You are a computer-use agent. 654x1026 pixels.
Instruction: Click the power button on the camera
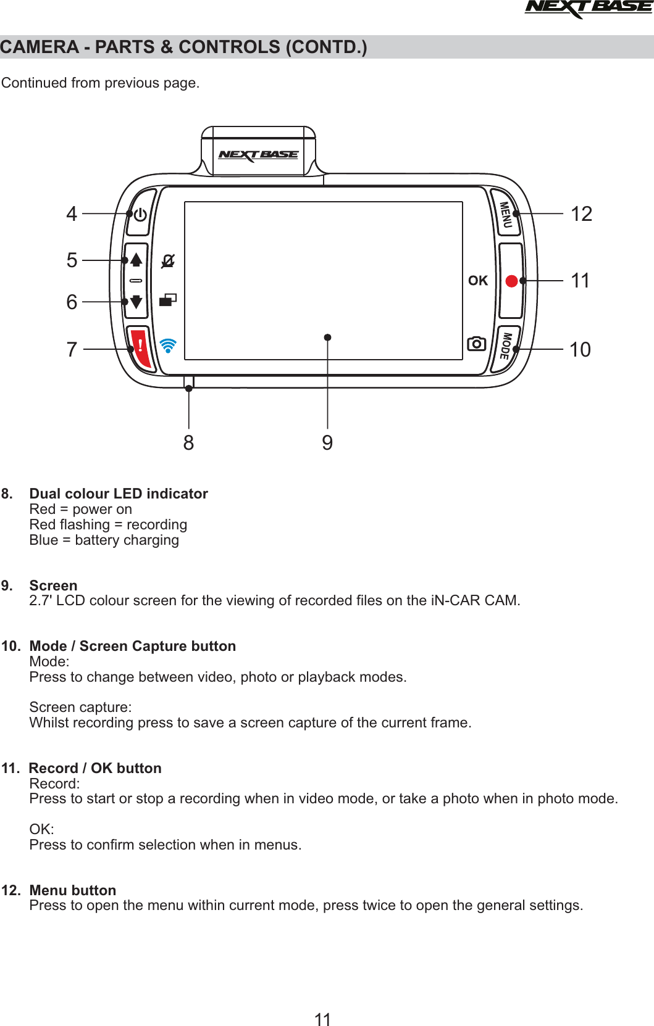click(x=140, y=214)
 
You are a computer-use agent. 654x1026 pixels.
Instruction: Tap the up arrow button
click(x=136, y=260)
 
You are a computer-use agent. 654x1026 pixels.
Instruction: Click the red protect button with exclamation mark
click(x=141, y=347)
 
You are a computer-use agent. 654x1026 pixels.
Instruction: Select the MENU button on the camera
click(x=506, y=214)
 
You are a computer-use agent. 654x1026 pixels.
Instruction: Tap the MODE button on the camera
click(x=506, y=347)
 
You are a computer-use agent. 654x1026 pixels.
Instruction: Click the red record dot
click(x=511, y=281)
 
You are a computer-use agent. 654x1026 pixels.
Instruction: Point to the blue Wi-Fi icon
click(x=168, y=345)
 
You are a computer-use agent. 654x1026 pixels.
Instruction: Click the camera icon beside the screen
click(x=477, y=344)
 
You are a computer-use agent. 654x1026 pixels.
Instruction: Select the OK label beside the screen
click(x=478, y=281)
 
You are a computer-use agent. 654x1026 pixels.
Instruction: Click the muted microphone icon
click(x=168, y=261)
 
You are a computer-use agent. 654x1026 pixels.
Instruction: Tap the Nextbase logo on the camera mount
click(x=259, y=155)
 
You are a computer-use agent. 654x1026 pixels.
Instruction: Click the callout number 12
click(x=581, y=214)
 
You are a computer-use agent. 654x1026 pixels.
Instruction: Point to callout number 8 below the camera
click(x=189, y=442)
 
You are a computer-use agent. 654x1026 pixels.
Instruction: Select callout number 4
click(x=72, y=214)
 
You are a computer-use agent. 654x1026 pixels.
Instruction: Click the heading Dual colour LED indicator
click(x=119, y=494)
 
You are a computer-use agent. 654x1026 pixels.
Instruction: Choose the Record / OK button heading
click(x=95, y=768)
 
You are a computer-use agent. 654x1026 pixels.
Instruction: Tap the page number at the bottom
click(x=323, y=1019)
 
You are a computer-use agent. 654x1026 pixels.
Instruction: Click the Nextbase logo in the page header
click(x=588, y=8)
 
